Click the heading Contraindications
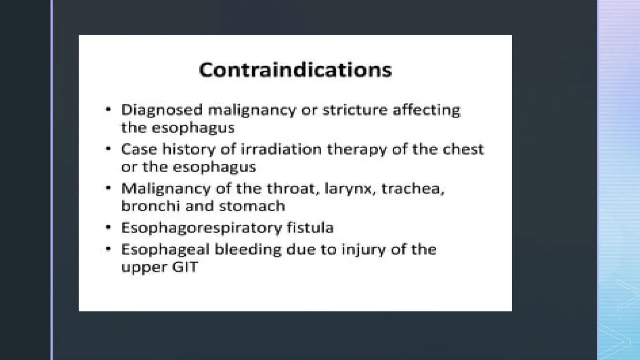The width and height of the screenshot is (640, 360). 295,70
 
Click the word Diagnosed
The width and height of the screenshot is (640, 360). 162,110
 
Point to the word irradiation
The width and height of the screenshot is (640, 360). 281,149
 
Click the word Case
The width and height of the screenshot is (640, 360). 139,149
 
